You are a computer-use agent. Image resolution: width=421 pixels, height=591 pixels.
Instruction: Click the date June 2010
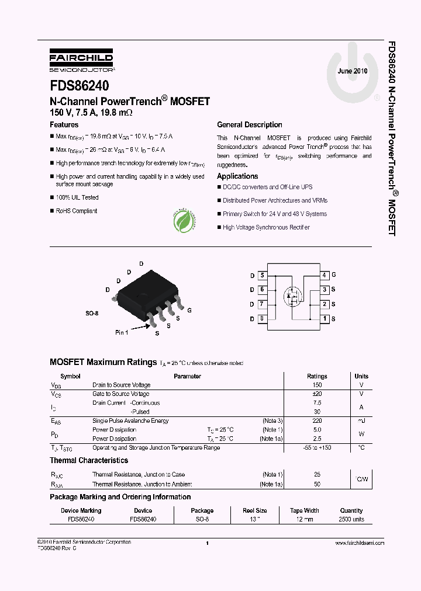tap(353, 71)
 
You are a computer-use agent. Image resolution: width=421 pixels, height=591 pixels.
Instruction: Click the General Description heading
tap(250, 125)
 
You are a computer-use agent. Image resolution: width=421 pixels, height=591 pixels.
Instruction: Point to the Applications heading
tap(237, 176)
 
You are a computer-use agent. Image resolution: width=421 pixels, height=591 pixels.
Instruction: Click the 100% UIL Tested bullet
tap(77, 198)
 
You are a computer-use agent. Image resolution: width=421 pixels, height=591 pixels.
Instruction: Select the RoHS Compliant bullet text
tap(76, 211)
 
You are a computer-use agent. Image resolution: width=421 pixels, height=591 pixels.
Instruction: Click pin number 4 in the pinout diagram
tap(324, 275)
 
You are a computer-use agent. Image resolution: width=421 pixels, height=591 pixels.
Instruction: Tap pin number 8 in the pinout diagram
tap(262, 319)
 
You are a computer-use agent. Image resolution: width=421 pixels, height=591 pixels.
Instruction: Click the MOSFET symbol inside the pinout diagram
tap(293, 297)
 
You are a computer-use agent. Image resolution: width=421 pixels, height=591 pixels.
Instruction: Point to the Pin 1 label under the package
tap(122, 332)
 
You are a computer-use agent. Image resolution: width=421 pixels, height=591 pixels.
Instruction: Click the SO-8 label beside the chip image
tap(92, 314)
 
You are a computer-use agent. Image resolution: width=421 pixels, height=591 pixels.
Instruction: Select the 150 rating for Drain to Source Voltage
tap(317, 385)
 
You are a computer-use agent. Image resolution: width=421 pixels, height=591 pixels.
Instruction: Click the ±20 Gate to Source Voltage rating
tap(317, 394)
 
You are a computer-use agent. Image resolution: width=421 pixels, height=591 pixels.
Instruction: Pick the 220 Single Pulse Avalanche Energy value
tap(317, 421)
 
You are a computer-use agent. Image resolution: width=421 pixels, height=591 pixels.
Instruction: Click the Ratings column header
tap(317, 377)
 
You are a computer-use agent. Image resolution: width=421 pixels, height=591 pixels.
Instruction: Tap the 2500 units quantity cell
tap(351, 519)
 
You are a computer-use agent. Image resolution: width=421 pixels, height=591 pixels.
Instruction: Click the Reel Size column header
tap(255, 510)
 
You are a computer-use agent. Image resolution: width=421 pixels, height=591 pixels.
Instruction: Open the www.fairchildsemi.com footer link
tap(360, 543)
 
